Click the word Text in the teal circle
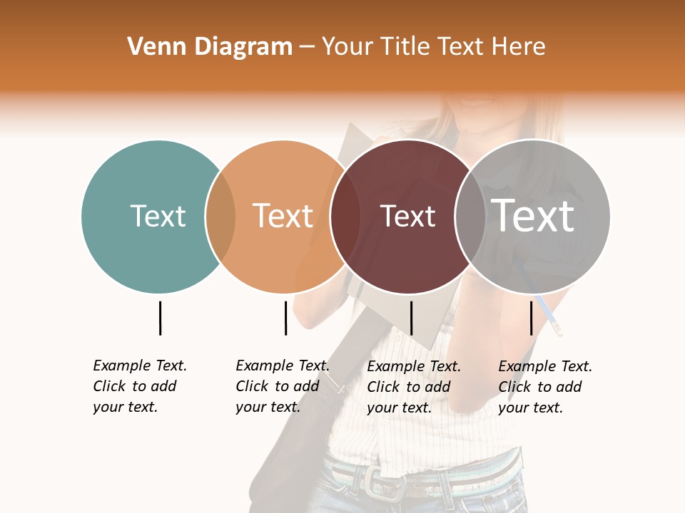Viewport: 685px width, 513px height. (158, 216)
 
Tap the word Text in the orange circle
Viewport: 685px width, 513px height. (283, 216)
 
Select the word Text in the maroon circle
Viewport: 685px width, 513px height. (407, 216)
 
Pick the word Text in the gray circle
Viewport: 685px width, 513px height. (532, 216)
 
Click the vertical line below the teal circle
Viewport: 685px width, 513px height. (160, 318)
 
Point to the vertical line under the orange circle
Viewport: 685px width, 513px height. (285, 318)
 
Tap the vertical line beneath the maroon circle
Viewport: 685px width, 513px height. (411, 318)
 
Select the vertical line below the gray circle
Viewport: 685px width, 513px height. (531, 318)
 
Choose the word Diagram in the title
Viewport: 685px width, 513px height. (244, 47)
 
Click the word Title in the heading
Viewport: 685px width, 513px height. (407, 47)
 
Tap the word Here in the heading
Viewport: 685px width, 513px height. (519, 47)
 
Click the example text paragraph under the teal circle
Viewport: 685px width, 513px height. (140, 386)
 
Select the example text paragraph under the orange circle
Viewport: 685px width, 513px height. (283, 386)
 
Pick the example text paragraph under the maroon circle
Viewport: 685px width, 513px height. (414, 386)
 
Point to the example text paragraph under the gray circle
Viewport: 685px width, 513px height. (545, 386)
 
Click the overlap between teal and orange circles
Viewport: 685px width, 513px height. (220, 217)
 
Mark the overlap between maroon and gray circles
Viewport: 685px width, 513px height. (470, 217)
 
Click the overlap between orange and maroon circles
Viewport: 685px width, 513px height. (345, 217)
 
